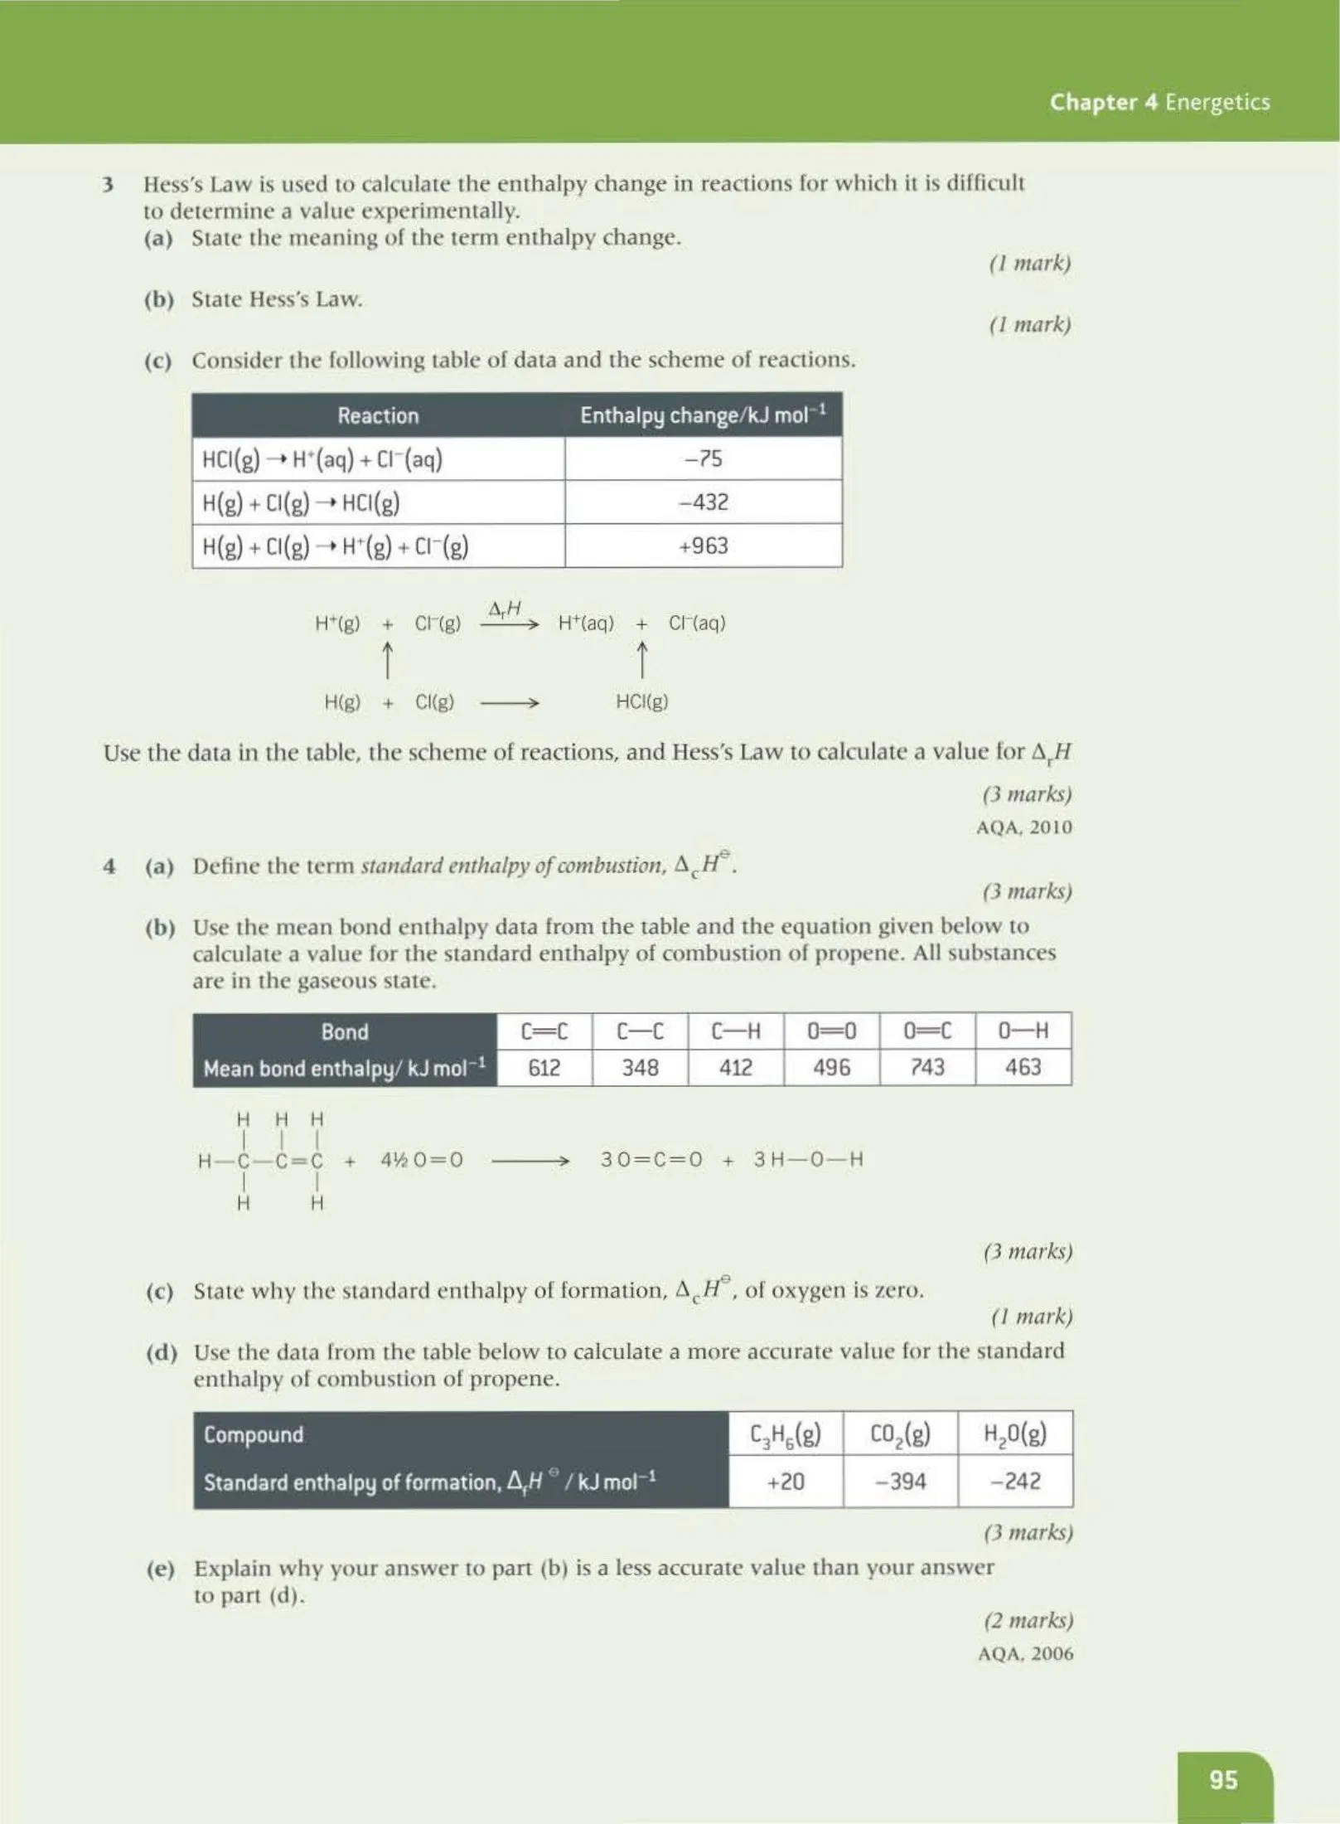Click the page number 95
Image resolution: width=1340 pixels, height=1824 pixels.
(1223, 1779)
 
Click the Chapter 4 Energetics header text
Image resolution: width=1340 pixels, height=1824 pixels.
(1159, 102)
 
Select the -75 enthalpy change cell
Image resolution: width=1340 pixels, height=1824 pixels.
(703, 458)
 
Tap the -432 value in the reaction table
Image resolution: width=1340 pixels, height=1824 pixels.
(703, 502)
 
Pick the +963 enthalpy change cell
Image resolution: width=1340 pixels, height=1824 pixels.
(703, 546)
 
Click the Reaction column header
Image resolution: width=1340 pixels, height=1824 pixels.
(378, 415)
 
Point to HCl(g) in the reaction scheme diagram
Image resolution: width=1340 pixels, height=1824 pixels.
(641, 702)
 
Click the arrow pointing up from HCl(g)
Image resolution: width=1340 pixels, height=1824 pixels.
(641, 661)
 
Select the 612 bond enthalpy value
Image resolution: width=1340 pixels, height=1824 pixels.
(544, 1067)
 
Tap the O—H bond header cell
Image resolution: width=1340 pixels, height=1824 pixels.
(1023, 1031)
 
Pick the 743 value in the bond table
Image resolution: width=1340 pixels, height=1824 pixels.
(927, 1067)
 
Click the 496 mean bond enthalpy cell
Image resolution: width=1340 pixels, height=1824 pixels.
(831, 1067)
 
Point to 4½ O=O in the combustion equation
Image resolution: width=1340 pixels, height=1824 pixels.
(421, 1160)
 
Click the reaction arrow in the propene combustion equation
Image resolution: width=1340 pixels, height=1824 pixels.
(530, 1161)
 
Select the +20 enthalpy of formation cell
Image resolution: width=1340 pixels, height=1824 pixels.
(786, 1481)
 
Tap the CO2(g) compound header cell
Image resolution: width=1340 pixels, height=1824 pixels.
(900, 1433)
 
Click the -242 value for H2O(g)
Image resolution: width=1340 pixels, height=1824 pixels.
(1014, 1481)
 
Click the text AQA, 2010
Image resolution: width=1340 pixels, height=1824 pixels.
(1023, 827)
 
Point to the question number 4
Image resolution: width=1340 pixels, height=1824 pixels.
(109, 866)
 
